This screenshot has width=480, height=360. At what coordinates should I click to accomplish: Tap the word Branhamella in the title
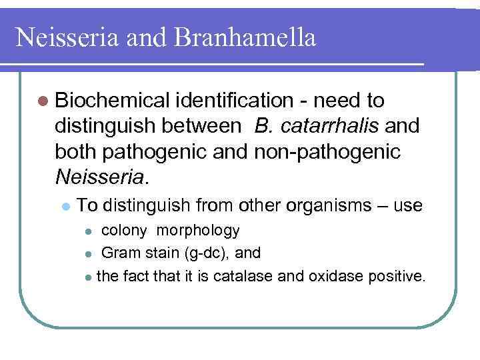click(245, 37)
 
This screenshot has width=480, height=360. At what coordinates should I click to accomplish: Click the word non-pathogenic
click(327, 153)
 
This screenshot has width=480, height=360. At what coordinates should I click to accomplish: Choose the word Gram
click(118, 253)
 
